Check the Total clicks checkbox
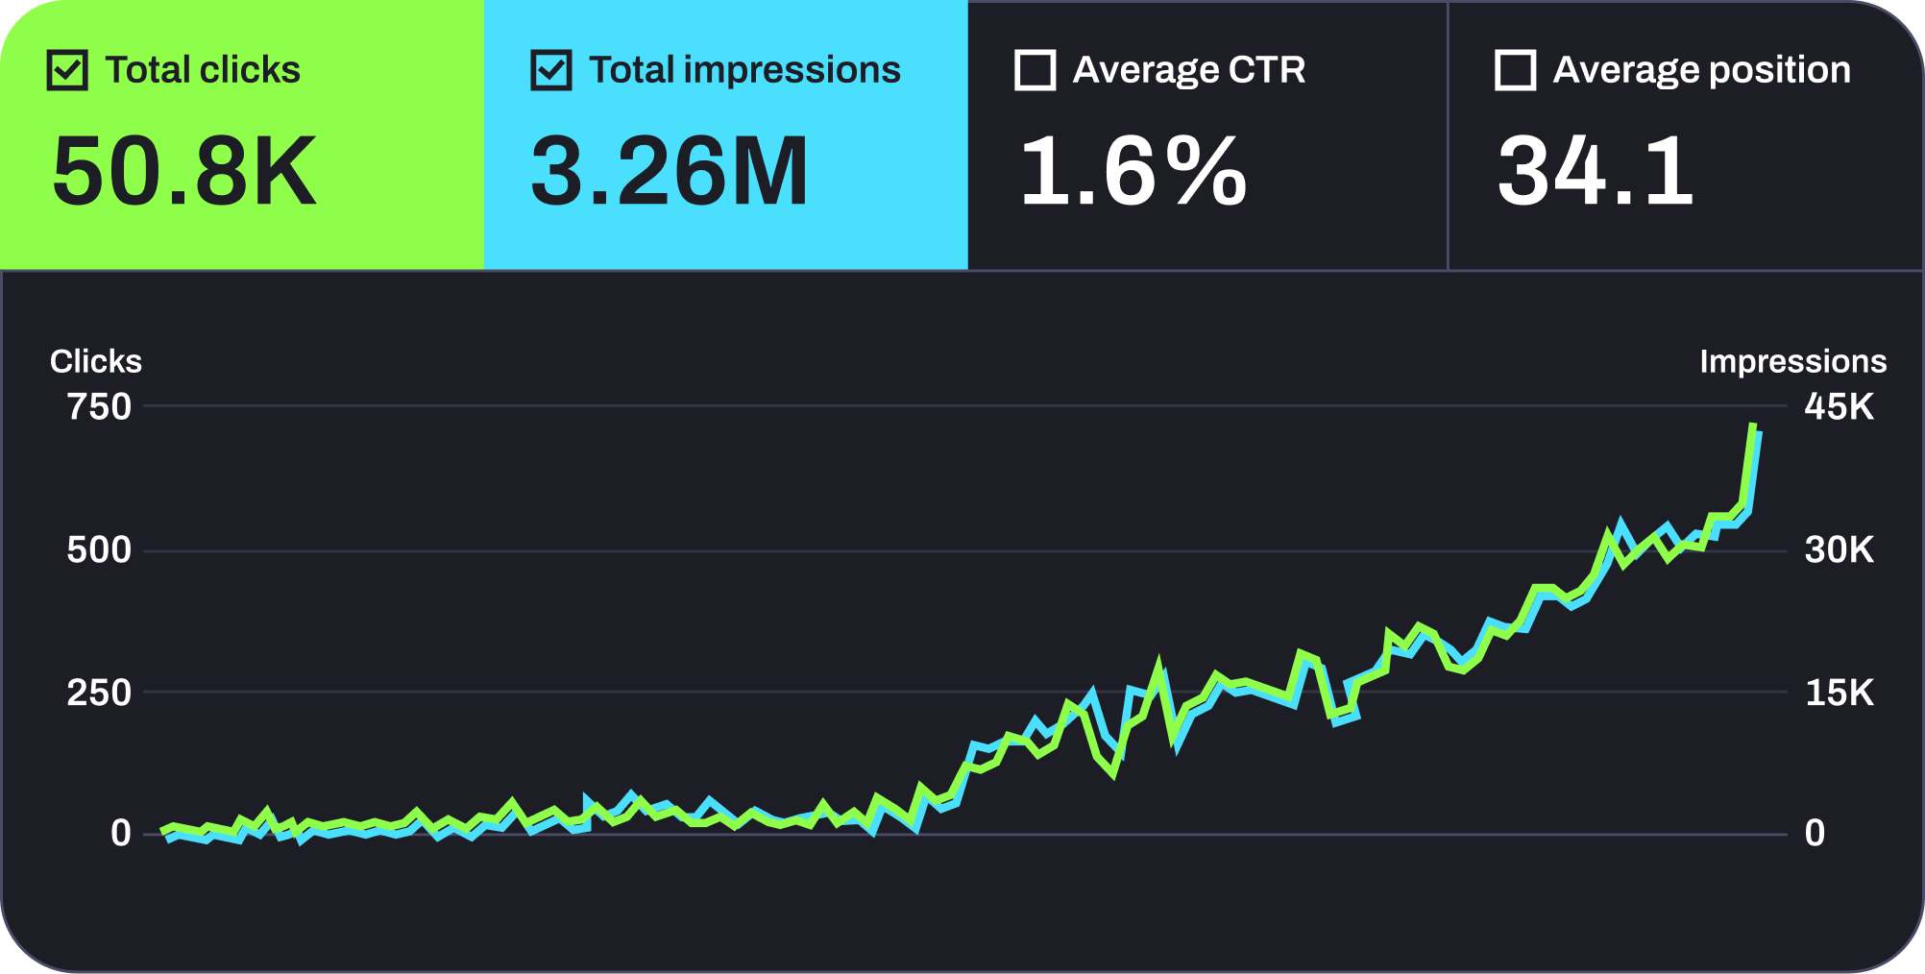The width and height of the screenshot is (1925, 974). point(67,71)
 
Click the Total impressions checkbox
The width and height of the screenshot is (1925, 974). point(551,71)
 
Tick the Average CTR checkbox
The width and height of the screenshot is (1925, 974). point(1036,71)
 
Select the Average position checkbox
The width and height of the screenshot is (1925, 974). point(1516,71)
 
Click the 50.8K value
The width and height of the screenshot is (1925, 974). point(184,172)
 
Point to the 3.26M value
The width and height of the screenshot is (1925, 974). point(670,172)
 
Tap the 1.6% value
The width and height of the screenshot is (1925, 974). point(1133,172)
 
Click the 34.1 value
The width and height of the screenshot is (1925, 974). point(1596,172)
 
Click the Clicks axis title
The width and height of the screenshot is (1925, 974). point(96,361)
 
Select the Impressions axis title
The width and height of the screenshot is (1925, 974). point(1792,361)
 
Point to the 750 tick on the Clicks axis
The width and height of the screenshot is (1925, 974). point(99,407)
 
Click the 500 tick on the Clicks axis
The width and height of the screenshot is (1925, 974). point(99,550)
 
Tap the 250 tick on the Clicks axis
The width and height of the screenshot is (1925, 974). point(99,693)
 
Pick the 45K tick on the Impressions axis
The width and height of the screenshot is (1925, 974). point(1839,407)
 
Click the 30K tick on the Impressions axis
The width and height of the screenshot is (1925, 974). point(1839,550)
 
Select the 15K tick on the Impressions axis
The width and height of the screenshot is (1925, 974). point(1839,693)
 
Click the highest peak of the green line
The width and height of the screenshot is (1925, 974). point(1753,426)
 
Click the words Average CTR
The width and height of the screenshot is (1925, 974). point(1189,70)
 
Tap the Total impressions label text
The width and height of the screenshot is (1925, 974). point(744,70)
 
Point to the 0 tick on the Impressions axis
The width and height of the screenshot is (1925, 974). point(1815,833)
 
